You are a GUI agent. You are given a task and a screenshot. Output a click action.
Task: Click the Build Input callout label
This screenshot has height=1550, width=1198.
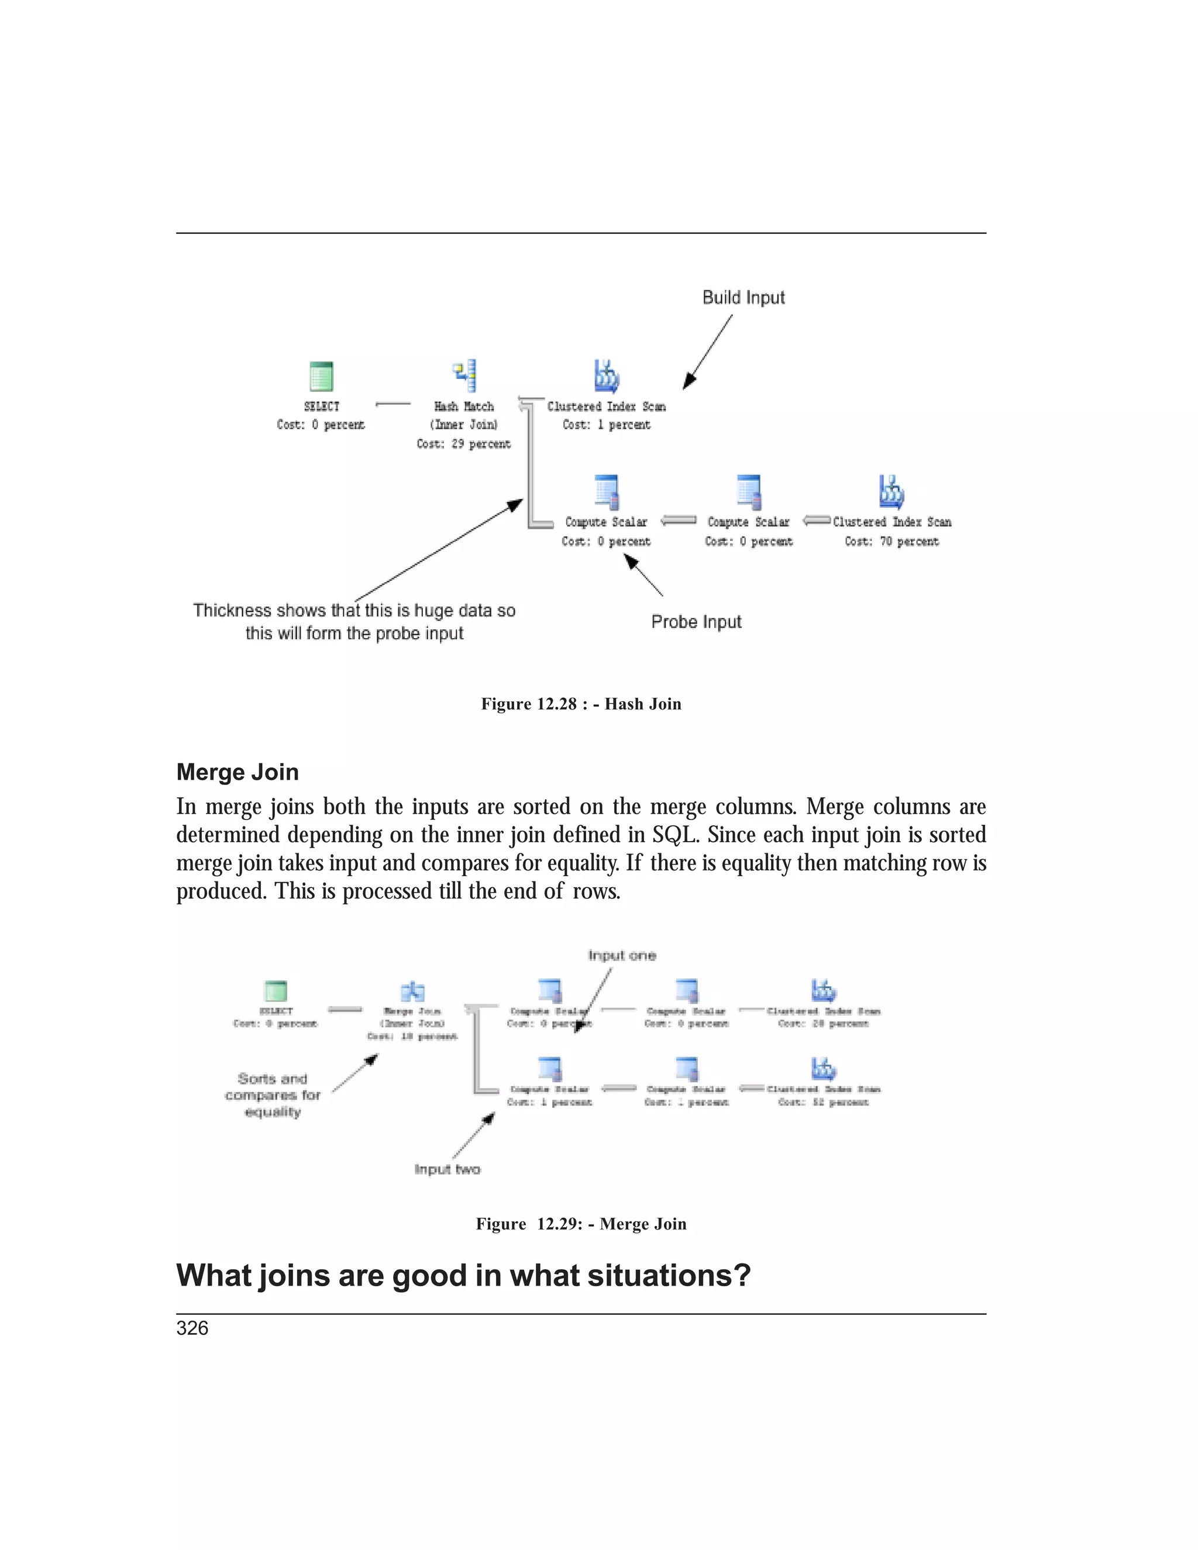pyautogui.click(x=743, y=297)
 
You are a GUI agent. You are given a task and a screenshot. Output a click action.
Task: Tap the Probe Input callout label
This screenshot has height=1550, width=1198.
pyautogui.click(x=696, y=622)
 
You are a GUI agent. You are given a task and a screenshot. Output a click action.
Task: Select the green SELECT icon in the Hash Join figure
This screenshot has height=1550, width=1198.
pyautogui.click(x=322, y=376)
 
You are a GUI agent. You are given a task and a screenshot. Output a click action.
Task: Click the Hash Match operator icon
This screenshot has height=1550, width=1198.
pyautogui.click(x=464, y=376)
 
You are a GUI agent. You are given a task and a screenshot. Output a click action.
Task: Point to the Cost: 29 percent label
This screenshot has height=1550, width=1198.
pyautogui.click(x=463, y=443)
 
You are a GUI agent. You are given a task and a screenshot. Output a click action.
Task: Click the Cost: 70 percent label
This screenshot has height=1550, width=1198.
pyautogui.click(x=891, y=542)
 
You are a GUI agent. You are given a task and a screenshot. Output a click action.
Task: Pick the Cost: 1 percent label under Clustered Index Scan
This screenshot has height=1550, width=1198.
pyautogui.click(x=606, y=425)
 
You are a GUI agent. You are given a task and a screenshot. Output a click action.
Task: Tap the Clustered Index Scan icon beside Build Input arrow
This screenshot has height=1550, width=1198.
pyautogui.click(x=606, y=376)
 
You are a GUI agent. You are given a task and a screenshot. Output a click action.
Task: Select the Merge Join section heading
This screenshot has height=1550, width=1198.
pyautogui.click(x=237, y=771)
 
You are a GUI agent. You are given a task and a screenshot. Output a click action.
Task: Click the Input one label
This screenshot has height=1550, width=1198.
pyautogui.click(x=622, y=955)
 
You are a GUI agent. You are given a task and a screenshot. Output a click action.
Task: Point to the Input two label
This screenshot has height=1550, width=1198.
pyautogui.click(x=447, y=1169)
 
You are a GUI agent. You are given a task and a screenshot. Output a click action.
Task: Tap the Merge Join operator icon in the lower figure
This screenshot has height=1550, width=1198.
pyautogui.click(x=412, y=991)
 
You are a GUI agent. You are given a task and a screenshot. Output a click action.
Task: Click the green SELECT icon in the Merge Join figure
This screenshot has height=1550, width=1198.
pyautogui.click(x=276, y=990)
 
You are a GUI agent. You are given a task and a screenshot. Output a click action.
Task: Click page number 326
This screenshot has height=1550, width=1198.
pyautogui.click(x=192, y=1328)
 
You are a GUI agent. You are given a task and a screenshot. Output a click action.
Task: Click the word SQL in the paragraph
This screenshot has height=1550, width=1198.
pyautogui.click(x=674, y=835)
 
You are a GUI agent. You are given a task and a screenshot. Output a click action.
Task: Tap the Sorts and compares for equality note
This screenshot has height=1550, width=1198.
pyautogui.click(x=273, y=1095)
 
